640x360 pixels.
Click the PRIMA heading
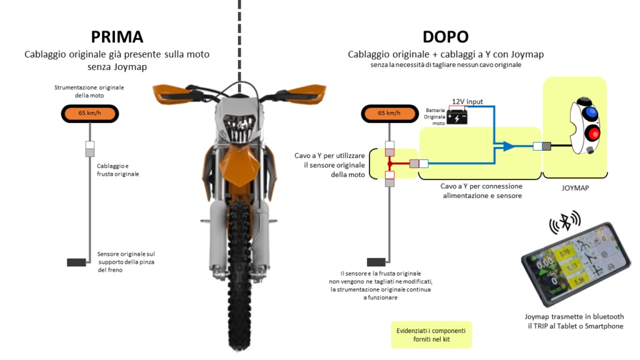click(117, 36)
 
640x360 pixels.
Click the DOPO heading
click(445, 36)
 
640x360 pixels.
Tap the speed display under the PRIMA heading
click(91, 113)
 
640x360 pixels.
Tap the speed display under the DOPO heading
click(389, 113)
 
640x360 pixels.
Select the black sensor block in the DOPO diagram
click(376, 262)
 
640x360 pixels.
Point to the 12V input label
click(467, 101)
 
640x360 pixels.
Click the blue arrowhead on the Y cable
click(509, 146)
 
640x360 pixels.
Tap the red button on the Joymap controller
click(592, 133)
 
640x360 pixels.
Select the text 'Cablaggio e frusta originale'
click(117, 170)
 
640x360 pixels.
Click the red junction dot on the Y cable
click(389, 164)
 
